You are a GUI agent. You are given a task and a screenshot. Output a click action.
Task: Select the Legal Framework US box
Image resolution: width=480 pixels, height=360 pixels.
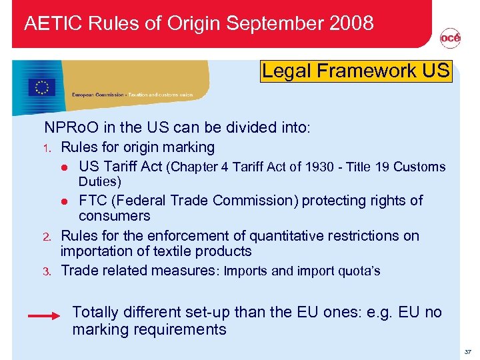[356, 71]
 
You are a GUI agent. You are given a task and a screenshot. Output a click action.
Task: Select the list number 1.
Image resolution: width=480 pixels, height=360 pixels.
[47, 148]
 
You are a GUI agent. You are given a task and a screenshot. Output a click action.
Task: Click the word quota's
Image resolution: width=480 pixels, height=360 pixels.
[359, 271]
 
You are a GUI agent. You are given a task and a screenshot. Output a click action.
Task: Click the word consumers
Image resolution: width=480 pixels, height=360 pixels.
[114, 216]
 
